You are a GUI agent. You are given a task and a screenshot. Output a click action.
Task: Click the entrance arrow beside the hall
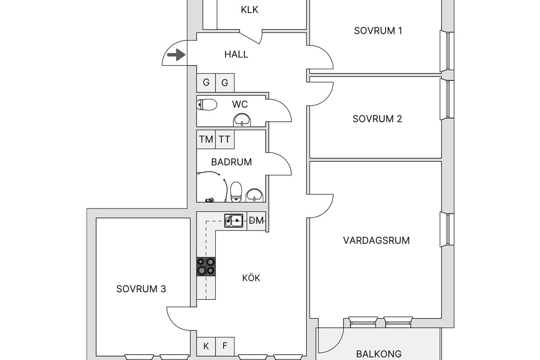point(177,55)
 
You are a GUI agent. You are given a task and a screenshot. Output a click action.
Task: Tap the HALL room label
point(236,54)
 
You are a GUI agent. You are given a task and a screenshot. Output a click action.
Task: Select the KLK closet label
point(249,10)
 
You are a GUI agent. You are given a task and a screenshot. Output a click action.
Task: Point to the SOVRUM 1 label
point(378,31)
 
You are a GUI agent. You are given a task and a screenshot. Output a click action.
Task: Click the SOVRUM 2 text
point(377,119)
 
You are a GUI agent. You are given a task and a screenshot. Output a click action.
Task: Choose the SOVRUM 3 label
point(141,289)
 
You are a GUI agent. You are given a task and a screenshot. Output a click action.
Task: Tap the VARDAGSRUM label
point(376,241)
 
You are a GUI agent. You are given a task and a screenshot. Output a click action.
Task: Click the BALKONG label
point(379,354)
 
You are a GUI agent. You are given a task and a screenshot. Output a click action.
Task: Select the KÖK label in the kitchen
point(251,278)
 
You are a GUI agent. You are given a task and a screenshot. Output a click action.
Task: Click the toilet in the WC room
point(207,105)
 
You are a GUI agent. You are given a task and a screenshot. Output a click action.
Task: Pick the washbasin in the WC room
point(242,120)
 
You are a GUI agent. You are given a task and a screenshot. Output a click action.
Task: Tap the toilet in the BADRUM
point(236,192)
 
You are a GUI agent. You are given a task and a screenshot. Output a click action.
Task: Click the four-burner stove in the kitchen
point(206,267)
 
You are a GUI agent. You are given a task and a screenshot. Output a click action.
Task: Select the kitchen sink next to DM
point(234,221)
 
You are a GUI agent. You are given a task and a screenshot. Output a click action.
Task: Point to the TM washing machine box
point(206,139)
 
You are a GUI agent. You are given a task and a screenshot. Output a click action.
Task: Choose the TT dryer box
point(225,139)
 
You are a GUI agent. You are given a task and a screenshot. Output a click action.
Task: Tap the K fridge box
point(206,347)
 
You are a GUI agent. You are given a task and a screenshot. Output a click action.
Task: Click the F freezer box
point(225,347)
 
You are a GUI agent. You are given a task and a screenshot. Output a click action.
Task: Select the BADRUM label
point(231,162)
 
